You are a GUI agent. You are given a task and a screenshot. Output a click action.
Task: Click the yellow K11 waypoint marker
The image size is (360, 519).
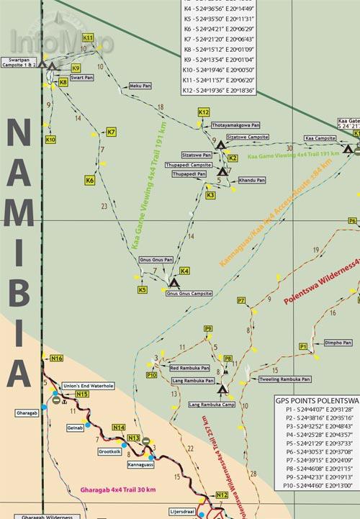[89, 37]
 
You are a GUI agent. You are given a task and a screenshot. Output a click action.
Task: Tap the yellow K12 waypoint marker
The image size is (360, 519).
[203, 112]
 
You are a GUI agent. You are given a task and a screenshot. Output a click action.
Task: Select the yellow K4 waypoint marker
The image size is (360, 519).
[184, 271]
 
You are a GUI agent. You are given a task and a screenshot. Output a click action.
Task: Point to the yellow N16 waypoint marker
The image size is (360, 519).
[57, 358]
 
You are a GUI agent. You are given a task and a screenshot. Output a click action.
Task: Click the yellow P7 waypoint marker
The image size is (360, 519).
[241, 299]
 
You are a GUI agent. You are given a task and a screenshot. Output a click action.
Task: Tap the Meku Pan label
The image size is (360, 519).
[140, 85]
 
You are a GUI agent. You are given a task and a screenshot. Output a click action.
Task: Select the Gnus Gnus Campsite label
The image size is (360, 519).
[189, 294]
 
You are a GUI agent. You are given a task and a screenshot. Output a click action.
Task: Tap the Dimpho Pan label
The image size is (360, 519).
[337, 343]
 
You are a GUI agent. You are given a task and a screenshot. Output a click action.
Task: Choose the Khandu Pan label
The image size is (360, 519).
[252, 180]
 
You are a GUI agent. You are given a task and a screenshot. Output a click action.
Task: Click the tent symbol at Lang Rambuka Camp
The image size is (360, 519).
[222, 390]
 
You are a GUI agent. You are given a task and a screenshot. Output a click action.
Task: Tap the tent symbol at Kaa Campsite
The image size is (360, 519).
[348, 150]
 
